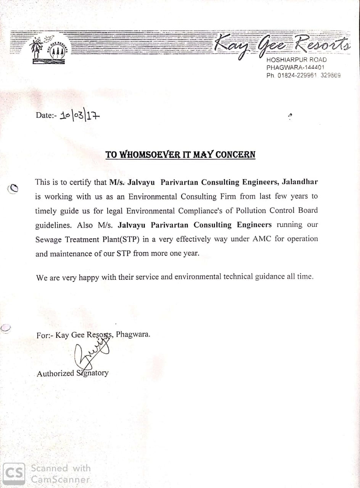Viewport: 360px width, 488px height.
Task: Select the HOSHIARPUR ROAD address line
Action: click(x=296, y=60)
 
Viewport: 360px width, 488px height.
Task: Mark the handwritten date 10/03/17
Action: click(x=79, y=115)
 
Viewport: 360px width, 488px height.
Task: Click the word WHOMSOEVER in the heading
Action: click(x=143, y=155)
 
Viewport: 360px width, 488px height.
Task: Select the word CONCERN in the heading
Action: click(x=235, y=155)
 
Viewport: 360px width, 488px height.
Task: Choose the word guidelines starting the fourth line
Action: click(x=53, y=225)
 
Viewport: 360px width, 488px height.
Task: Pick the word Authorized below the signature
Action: click(x=55, y=374)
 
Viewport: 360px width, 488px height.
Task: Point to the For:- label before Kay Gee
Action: click(x=45, y=335)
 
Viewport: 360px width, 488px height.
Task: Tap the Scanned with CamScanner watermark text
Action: click(x=61, y=474)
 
